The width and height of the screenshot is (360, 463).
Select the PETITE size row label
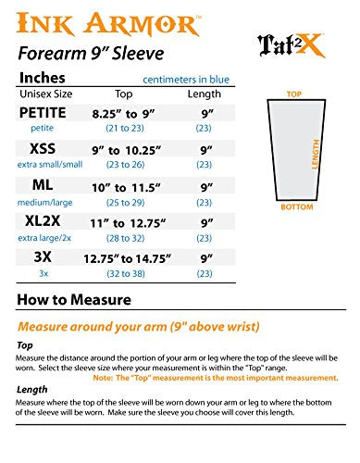coord(43,113)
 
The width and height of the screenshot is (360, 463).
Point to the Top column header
coord(123,94)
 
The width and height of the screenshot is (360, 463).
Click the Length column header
coord(205,94)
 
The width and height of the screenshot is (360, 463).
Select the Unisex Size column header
coord(43,94)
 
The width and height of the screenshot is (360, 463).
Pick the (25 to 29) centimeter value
coord(124,201)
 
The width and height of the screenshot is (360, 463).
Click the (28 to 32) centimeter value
coord(124,237)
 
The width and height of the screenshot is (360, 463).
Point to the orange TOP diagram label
coord(294,94)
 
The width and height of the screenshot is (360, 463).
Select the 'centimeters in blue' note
coord(186,78)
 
